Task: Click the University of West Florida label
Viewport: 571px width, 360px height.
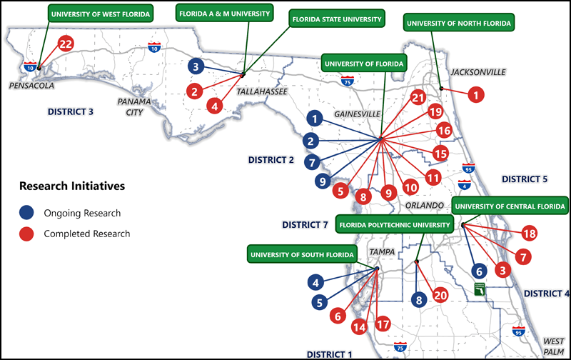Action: coord(101,14)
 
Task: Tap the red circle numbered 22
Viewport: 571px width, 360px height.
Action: coord(66,44)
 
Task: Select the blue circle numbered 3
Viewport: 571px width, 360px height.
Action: coord(196,66)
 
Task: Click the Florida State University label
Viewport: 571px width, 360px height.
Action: coord(337,19)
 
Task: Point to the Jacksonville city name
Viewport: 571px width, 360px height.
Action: coord(478,72)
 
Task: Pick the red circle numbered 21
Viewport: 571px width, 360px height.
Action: coord(418,97)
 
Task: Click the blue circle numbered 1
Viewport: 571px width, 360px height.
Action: coord(315,119)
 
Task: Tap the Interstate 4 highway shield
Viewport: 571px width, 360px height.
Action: coord(465,185)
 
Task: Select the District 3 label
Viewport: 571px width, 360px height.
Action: coord(71,111)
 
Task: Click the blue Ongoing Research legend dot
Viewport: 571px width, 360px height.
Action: coord(26,213)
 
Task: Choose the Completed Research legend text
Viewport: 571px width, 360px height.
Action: coord(86,234)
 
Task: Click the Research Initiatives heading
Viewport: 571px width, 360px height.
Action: coord(72,186)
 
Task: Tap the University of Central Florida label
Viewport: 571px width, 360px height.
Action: coord(510,206)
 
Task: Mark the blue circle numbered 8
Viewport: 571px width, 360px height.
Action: coord(419,300)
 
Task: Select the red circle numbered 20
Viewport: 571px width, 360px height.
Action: coord(440,295)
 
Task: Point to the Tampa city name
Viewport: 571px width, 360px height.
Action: coord(382,251)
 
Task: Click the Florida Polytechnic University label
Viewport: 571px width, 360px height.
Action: coord(395,225)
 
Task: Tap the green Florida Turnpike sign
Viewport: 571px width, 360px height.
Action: coord(480,289)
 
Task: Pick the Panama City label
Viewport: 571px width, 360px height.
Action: coord(134,106)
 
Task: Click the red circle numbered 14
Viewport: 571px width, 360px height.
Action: coord(359,327)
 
